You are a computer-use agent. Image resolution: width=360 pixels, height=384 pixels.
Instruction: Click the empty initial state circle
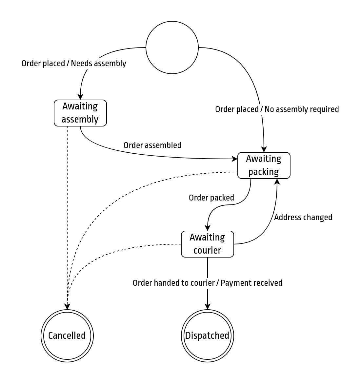pos(172,48)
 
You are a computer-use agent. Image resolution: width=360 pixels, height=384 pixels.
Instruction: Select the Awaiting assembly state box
pos(80,113)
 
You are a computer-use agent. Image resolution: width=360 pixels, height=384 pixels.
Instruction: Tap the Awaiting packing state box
pos(264,165)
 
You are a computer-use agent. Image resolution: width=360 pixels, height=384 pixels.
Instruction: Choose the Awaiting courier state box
pos(208,244)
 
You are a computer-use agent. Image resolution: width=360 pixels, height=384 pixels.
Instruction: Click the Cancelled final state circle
pos(67,336)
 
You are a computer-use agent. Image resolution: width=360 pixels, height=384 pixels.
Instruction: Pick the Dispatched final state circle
pos(208,336)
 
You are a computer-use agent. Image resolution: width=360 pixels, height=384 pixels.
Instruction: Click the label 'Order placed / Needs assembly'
pos(74,63)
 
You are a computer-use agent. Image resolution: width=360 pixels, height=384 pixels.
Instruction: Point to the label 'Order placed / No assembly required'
pos(277,109)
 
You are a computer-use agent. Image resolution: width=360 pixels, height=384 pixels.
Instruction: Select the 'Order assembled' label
pos(152,145)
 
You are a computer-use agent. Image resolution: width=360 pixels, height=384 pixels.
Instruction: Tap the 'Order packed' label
pos(211,198)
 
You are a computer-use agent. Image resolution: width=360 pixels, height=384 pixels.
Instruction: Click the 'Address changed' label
pos(303,217)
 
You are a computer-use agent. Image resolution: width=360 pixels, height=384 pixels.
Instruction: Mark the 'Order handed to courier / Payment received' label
pos(208,283)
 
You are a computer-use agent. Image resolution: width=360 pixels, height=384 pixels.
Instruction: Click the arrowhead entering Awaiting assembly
pos(80,97)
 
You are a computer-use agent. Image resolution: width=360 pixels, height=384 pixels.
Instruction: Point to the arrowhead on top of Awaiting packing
pos(264,149)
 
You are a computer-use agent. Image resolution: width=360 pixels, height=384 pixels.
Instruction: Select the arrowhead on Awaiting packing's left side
pos(235,159)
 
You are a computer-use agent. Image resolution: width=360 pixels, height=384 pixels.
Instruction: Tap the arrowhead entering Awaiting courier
pos(208,228)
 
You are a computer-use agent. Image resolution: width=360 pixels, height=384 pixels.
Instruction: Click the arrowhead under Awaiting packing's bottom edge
pos(277,182)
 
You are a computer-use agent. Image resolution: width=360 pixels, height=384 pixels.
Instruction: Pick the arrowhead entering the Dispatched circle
pos(208,307)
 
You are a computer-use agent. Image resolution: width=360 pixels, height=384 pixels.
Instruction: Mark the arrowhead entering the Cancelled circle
pos(67,307)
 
